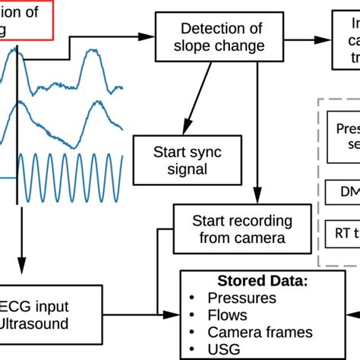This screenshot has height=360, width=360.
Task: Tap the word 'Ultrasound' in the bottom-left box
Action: click(34, 325)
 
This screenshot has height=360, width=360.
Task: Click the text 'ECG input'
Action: click(37, 307)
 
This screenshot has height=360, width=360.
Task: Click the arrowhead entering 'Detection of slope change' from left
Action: click(149, 36)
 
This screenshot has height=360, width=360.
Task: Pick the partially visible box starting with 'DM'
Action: click(342, 193)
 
